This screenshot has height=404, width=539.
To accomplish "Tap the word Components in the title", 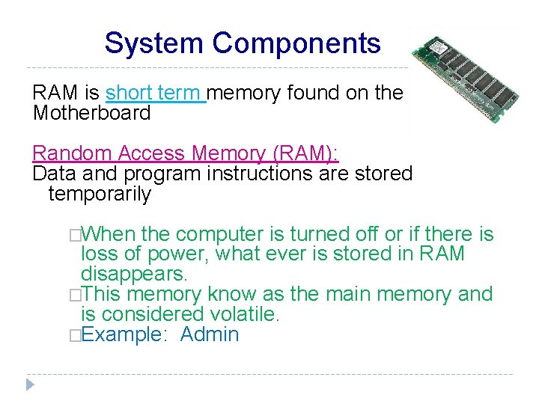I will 296,43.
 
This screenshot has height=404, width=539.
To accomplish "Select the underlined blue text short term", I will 155,93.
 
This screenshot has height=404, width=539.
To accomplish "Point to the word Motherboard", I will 91,113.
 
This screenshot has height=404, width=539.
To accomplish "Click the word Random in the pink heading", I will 71,153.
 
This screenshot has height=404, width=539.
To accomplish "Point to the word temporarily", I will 100,194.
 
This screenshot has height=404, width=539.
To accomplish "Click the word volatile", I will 241,313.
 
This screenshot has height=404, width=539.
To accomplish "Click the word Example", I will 121,334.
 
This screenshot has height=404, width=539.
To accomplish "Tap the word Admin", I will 210,334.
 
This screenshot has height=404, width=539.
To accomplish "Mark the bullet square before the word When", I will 73,235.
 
